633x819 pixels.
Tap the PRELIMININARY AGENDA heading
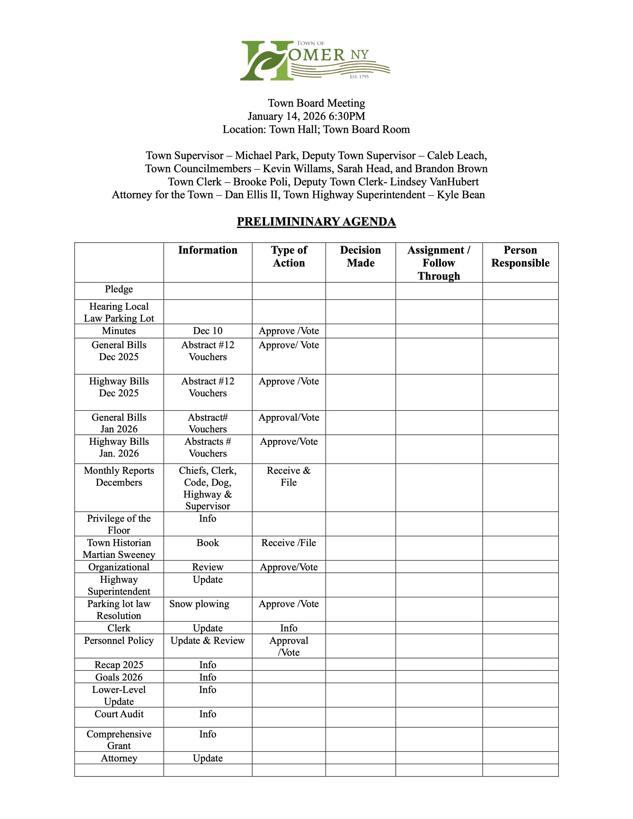(x=316, y=222)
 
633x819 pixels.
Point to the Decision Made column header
(x=360, y=256)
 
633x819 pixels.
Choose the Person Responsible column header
(x=520, y=256)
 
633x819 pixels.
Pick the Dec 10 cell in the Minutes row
(x=208, y=331)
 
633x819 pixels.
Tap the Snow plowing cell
(x=199, y=604)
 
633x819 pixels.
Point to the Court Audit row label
(x=119, y=714)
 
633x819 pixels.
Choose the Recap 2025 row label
(x=119, y=665)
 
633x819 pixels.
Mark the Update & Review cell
(x=208, y=641)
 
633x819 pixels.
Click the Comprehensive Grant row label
(x=119, y=740)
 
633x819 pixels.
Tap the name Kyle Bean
(x=461, y=195)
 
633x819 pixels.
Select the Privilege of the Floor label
(x=119, y=524)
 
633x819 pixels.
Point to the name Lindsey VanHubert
(x=434, y=182)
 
